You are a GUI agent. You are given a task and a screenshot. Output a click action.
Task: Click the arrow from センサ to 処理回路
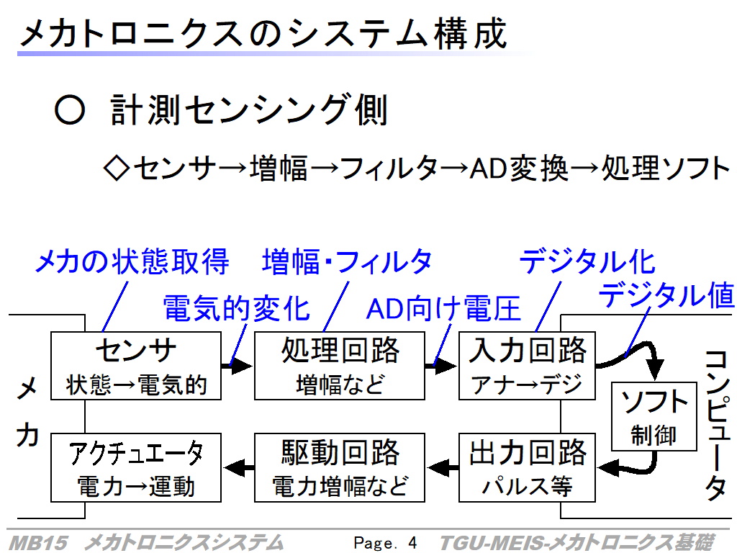[x=238, y=366]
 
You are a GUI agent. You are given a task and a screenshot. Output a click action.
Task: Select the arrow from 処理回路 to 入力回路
[x=441, y=366]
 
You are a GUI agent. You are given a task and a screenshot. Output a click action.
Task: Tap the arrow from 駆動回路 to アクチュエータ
[x=238, y=467]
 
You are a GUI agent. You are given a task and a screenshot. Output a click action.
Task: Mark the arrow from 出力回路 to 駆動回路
[x=443, y=467]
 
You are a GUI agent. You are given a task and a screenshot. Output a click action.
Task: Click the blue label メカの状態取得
[x=132, y=261]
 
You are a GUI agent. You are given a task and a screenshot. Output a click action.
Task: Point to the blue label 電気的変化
[x=236, y=308]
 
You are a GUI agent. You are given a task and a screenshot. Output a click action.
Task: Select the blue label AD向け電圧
[x=443, y=308]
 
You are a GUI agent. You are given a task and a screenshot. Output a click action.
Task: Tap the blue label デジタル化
[x=587, y=261]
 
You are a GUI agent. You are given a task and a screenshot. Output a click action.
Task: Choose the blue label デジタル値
[x=666, y=295]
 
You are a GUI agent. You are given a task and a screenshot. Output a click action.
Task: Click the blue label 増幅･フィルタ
[x=347, y=261]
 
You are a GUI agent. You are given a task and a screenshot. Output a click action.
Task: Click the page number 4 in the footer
[x=412, y=543]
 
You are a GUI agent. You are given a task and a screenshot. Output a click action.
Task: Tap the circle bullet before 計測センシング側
[x=70, y=110]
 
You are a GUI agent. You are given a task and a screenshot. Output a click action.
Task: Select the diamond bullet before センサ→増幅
[x=116, y=168]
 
